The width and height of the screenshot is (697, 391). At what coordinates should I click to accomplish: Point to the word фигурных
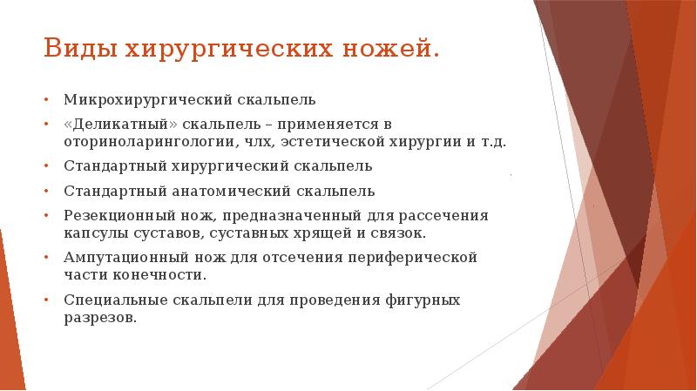point(421,299)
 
